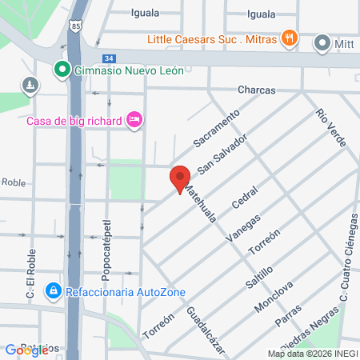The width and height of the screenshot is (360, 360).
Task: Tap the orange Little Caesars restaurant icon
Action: point(290,38)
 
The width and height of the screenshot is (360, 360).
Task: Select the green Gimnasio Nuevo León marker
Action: point(60,69)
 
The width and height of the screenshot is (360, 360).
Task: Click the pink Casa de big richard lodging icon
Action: point(134,120)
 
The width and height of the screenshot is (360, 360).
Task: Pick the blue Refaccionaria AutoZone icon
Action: point(53,290)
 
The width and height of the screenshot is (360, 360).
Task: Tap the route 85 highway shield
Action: point(74,27)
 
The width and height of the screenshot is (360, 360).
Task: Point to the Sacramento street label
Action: point(216,129)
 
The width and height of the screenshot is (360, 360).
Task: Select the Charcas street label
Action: point(256,90)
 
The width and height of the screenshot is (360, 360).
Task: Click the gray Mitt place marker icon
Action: point(323,42)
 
